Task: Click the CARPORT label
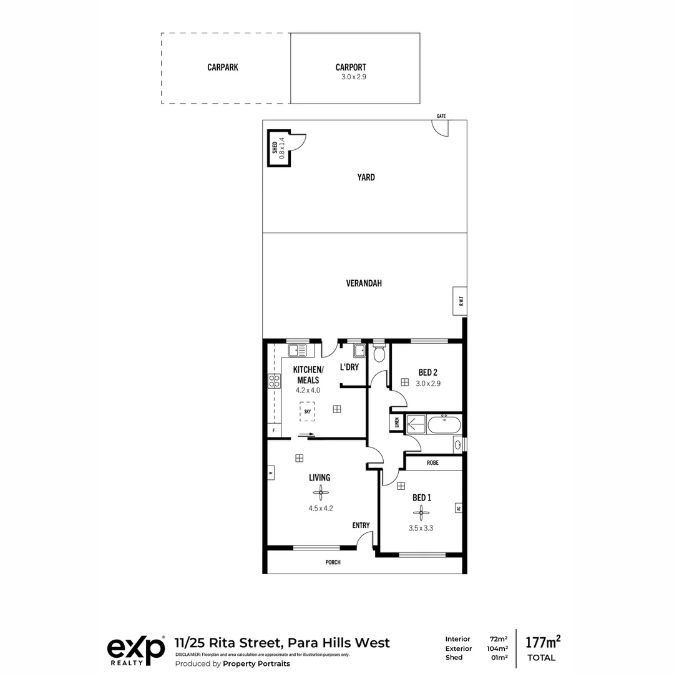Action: pyautogui.click(x=351, y=67)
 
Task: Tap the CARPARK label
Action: pyautogui.click(x=223, y=67)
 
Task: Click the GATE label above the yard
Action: pyautogui.click(x=441, y=116)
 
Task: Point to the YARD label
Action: pyautogui.click(x=366, y=177)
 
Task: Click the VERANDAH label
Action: pyautogui.click(x=364, y=283)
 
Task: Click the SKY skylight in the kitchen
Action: pyautogui.click(x=307, y=412)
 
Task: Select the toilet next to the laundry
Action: pyautogui.click(x=379, y=354)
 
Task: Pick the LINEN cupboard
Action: pyautogui.click(x=396, y=422)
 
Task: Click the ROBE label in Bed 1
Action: pyautogui.click(x=432, y=463)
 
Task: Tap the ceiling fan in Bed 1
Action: pyautogui.click(x=422, y=513)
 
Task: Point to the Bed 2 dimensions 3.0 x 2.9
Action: pyautogui.click(x=428, y=384)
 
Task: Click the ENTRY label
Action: pyautogui.click(x=361, y=525)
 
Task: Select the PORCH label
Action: pyautogui.click(x=333, y=562)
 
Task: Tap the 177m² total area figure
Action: pyautogui.click(x=542, y=642)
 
